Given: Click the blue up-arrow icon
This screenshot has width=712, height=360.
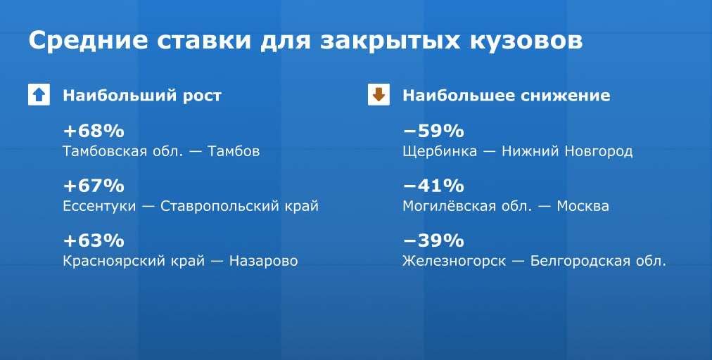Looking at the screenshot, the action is click(39, 95).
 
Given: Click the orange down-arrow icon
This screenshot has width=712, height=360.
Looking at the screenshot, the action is click(379, 95).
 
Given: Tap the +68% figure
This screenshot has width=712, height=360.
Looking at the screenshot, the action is click(94, 131).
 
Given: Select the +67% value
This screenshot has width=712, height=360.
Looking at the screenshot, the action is click(94, 186).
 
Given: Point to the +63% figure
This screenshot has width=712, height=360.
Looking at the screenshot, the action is click(94, 240).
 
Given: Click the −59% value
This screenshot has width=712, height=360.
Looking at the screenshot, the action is click(433, 131).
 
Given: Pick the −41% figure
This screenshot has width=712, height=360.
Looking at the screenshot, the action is click(433, 186).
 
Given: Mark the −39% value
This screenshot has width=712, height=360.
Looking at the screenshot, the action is click(433, 240).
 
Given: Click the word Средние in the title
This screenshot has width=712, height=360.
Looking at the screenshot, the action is click(89, 41).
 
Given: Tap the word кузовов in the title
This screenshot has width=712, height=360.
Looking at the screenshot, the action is click(526, 40).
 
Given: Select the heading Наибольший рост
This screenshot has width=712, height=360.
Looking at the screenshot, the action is click(142, 96).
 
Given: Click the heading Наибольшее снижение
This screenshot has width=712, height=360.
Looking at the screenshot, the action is click(507, 96).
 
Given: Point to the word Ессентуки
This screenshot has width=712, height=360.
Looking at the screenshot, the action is click(99, 206).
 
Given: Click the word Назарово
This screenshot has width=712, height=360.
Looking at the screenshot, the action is click(263, 261).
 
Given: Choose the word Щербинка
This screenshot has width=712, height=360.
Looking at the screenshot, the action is click(440, 151).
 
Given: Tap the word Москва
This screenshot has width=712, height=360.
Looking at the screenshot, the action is click(583, 206).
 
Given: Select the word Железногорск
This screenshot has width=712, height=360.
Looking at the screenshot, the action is click(454, 261).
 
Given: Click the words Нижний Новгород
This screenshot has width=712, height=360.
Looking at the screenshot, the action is click(566, 151).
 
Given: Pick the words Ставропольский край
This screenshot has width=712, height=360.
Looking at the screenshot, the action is click(239, 206).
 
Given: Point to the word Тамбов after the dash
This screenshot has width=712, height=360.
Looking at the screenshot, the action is click(234, 151).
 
